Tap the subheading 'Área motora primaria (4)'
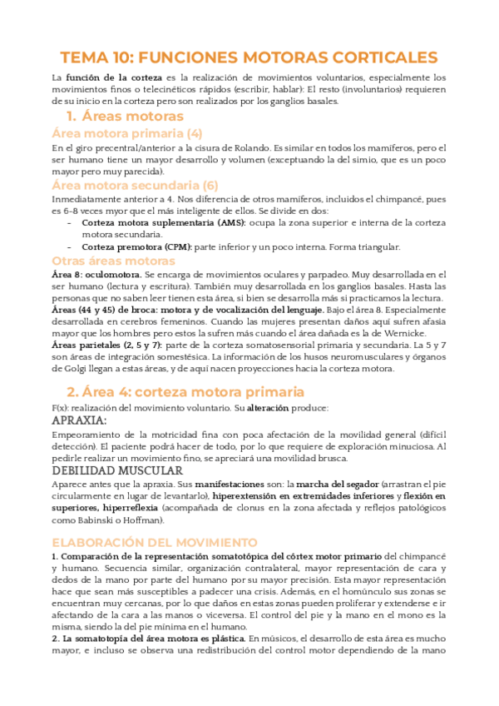pos(126,133)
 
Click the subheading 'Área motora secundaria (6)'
pos(135,185)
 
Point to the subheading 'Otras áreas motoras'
pos(111,261)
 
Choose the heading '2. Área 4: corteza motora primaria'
pos(185,391)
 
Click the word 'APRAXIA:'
pos(85,420)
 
